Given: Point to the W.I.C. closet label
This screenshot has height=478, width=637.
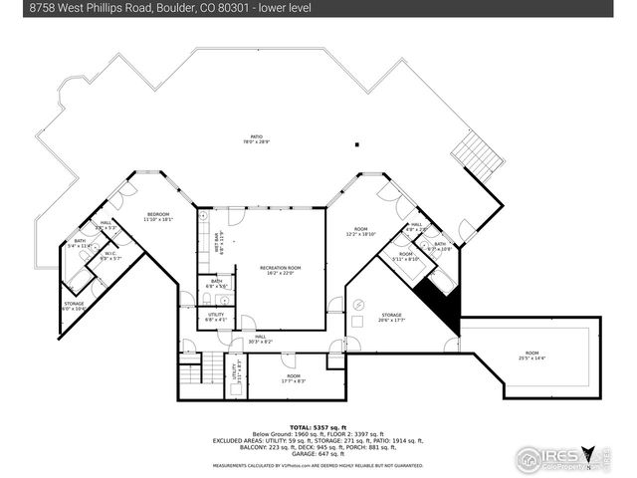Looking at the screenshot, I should pyautogui.click(x=111, y=256).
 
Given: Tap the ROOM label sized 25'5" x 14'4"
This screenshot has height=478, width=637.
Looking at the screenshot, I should pyautogui.click(x=532, y=355).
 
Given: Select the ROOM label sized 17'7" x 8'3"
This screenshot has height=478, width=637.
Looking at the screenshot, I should pyautogui.click(x=293, y=378).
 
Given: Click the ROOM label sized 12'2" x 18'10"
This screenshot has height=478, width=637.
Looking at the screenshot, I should pyautogui.click(x=360, y=233).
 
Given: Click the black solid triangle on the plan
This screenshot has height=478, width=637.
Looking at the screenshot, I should pyautogui.click(x=442, y=305).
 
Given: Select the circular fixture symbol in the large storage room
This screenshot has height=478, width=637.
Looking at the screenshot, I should pyautogui.click(x=361, y=305).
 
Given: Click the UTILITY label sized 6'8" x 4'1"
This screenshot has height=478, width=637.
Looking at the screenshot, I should pyautogui.click(x=215, y=318).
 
